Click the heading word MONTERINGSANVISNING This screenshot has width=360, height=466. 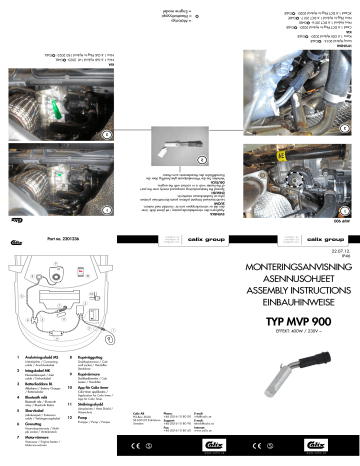click(293, 243)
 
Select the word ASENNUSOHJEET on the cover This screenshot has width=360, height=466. click(293, 255)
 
